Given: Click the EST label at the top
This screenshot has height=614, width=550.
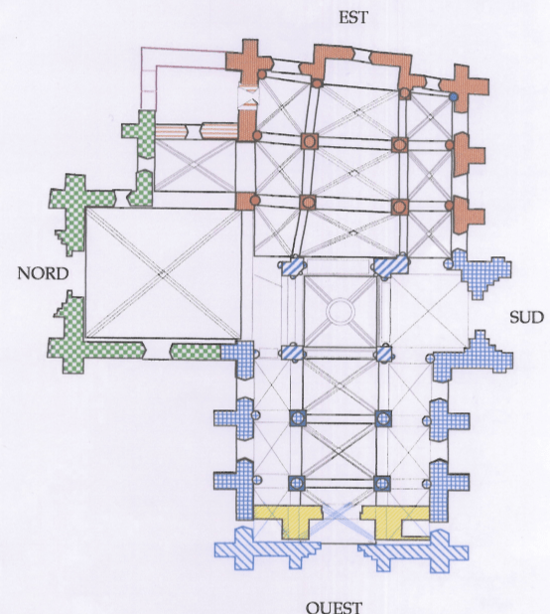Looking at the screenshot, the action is click(x=353, y=18).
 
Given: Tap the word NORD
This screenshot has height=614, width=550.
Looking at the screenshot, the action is click(x=43, y=273).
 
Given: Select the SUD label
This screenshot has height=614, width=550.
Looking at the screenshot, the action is click(x=526, y=317).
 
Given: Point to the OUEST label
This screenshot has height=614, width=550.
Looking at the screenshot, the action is click(x=334, y=607).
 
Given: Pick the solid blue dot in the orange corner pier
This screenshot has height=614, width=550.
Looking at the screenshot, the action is click(x=454, y=96).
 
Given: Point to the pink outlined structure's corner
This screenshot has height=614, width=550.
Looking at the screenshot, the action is click(x=141, y=48).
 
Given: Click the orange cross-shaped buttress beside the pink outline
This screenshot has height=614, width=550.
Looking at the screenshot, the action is click(x=249, y=62).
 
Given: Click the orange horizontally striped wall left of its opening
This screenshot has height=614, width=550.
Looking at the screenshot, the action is click(x=170, y=131).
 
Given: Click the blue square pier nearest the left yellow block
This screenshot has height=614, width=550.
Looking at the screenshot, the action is click(x=297, y=483).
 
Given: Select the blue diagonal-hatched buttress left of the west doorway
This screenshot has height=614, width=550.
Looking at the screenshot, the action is click(x=268, y=548).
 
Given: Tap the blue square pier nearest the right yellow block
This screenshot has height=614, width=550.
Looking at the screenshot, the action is click(x=382, y=484).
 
